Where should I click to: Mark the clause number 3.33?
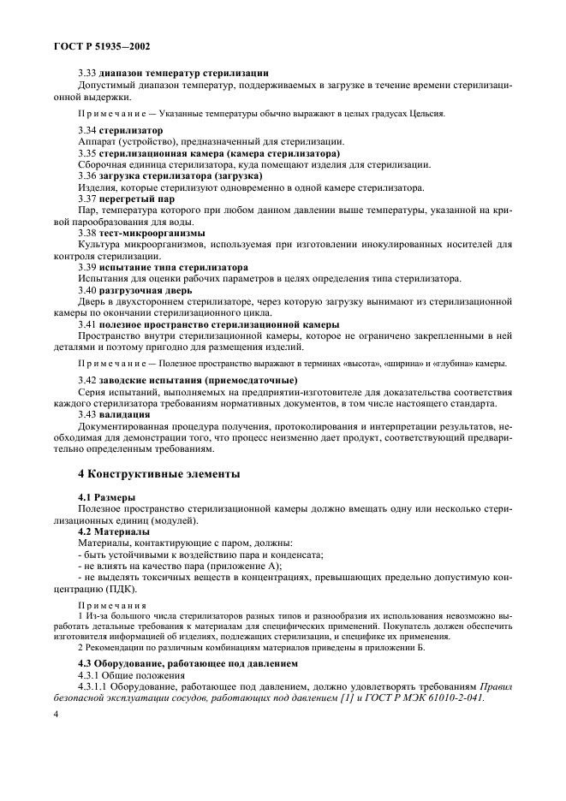tap(87, 73)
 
